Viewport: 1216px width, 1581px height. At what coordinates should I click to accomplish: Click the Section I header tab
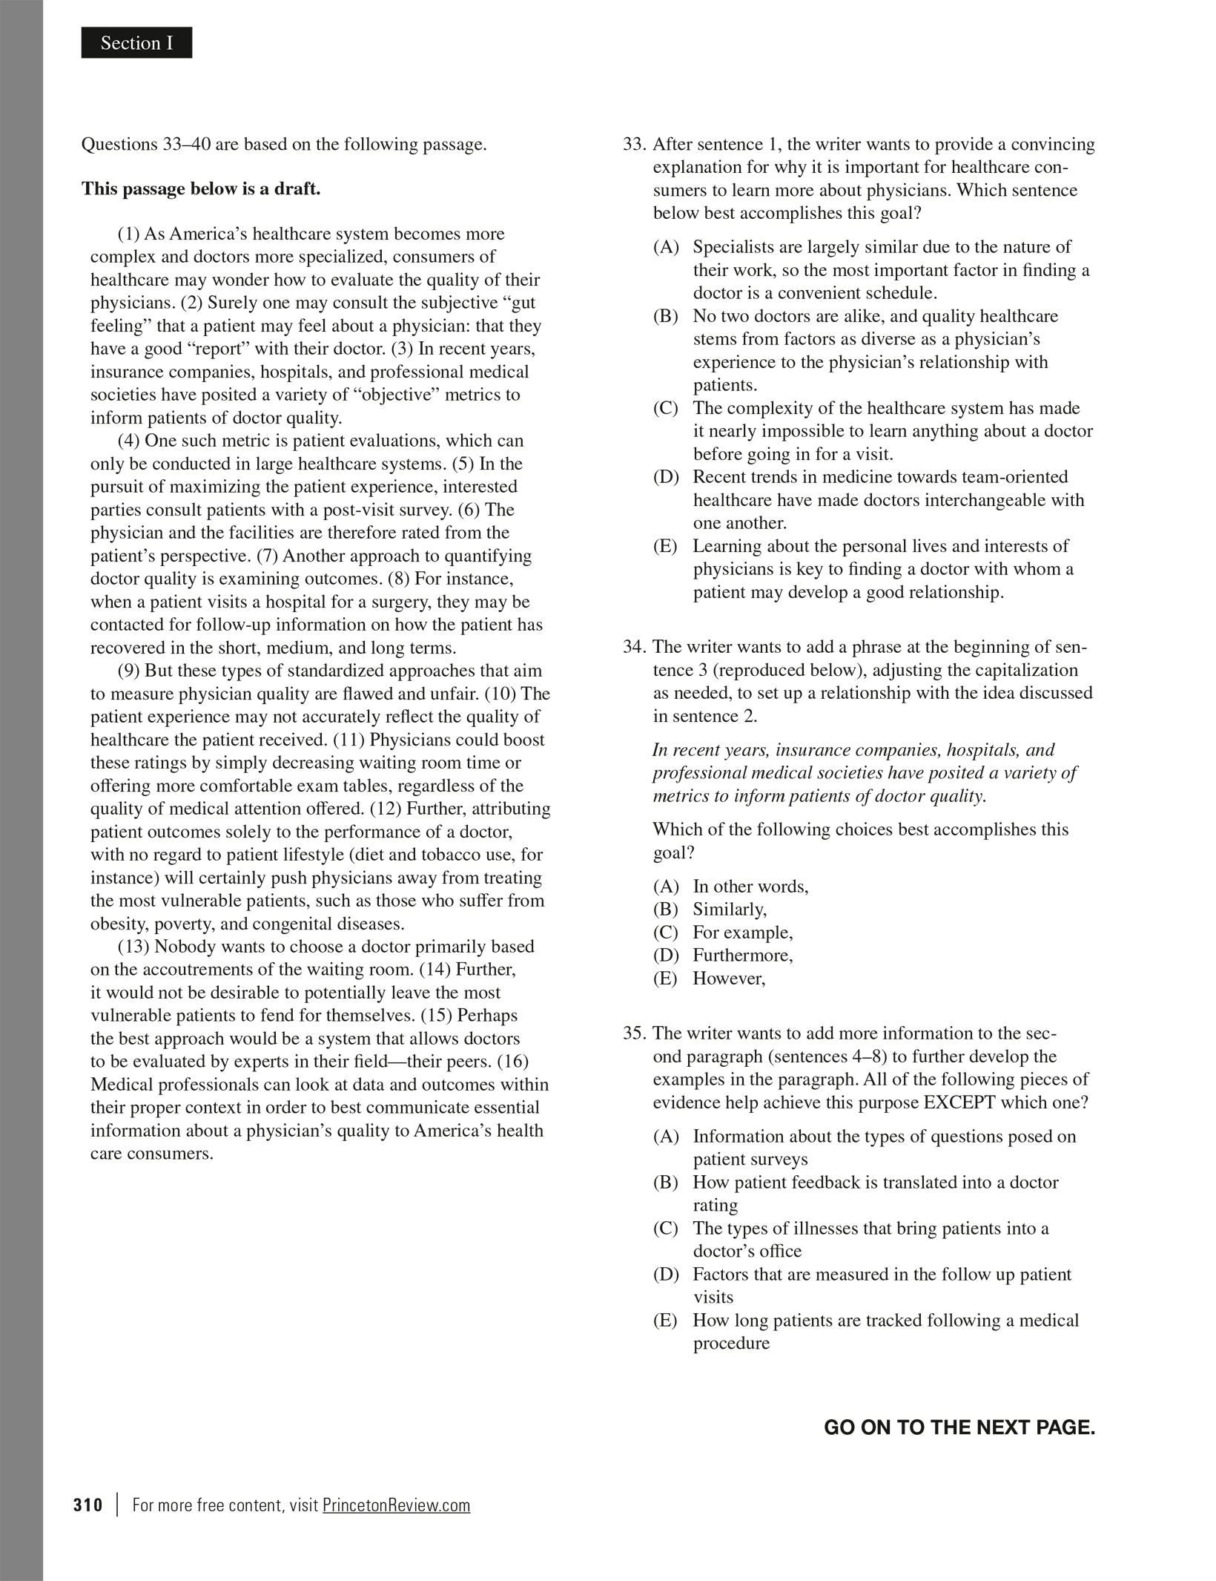pos(136,43)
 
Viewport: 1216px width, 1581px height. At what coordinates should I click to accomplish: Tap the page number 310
pos(88,1505)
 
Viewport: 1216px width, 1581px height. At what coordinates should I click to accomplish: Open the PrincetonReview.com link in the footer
pos(396,1505)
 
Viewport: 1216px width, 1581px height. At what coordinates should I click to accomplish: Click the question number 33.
pos(635,144)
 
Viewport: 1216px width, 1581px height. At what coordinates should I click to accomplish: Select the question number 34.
pos(635,647)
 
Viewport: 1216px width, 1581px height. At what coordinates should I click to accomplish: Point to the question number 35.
pos(635,1033)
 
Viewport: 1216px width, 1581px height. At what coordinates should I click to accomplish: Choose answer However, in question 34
pos(728,979)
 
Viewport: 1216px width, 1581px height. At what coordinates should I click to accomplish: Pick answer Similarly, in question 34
pos(730,910)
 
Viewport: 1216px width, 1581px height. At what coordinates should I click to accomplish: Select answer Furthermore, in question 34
pos(742,956)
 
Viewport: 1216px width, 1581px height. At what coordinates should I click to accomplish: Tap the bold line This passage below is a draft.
pos(201,188)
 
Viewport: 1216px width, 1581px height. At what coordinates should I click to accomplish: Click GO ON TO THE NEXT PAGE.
pos(959,1427)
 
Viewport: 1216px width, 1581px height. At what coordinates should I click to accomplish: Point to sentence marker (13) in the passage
pos(133,947)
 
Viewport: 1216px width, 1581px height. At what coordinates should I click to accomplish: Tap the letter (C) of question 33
pos(665,408)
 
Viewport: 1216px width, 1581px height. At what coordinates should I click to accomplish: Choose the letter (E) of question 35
pos(665,1321)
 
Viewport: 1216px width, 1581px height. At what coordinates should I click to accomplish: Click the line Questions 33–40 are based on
pos(284,144)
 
